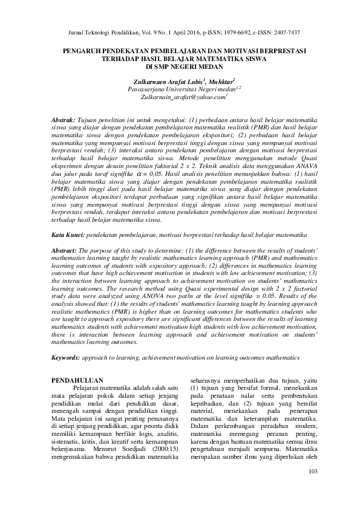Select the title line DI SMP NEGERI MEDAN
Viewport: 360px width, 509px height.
[x=180, y=68]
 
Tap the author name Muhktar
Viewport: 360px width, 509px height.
[x=220, y=80]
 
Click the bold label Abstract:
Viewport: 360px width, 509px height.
[x=64, y=250]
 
